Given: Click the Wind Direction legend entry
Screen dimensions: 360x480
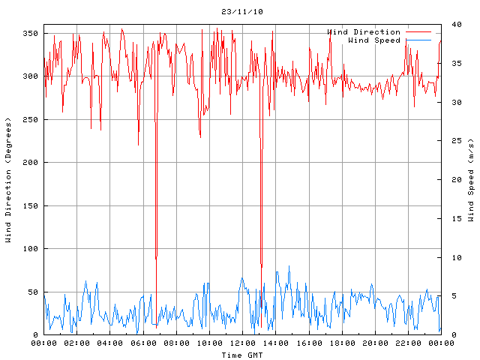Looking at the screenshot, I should coord(364,32).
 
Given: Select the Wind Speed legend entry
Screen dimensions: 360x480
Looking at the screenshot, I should coord(374,40).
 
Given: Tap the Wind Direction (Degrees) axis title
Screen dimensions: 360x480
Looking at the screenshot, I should coord(8,180).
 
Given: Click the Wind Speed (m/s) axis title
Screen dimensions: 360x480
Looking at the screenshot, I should coord(471,180).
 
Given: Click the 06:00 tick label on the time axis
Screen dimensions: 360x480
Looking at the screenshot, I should coord(143,343).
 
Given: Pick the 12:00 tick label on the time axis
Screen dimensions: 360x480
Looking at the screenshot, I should coord(242,343).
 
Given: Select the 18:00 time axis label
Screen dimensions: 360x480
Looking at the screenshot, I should coord(342,343).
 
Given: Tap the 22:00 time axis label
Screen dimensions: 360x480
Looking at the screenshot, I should coord(408,343).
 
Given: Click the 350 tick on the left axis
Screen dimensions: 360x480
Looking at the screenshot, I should coord(30,34).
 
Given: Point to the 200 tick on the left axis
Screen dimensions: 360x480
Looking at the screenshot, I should coord(30,163).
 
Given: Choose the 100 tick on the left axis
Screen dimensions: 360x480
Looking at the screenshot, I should coord(30,249).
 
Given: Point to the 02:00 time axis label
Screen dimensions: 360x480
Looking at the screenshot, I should coord(77,343).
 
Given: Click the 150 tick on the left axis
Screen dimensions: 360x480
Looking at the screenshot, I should coord(30,206).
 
